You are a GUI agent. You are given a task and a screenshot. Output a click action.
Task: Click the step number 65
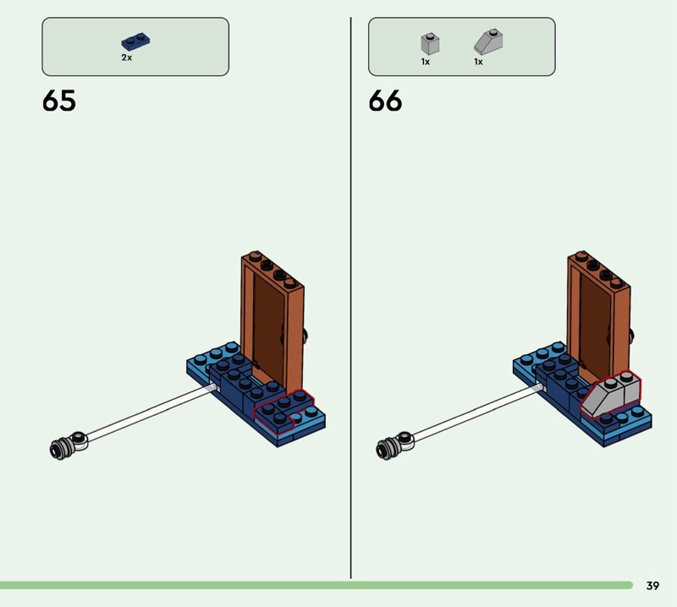coord(59,101)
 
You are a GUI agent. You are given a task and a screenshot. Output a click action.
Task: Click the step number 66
coord(385,101)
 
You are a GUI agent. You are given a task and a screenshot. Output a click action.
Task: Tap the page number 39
coord(652,585)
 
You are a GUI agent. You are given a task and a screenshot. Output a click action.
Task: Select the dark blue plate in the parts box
coord(135,41)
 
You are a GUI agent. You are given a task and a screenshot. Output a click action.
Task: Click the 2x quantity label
coord(126,57)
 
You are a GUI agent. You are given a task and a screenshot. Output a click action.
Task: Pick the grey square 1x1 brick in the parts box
coord(430,44)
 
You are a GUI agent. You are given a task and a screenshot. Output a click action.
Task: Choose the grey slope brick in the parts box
coord(488,41)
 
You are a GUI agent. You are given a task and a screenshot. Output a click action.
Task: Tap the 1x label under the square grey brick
coord(426,62)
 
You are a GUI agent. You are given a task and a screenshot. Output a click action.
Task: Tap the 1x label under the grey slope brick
coord(478,62)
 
